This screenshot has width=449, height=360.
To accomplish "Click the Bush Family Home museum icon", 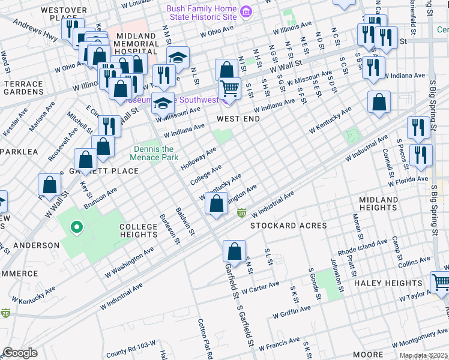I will click(245, 12).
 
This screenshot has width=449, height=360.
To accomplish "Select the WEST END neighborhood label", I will click(238, 119).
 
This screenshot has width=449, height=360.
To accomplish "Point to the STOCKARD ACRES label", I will click(280, 226).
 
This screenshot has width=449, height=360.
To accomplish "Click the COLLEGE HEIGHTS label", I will click(138, 230).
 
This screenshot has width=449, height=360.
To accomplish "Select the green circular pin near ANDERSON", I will click(76, 227).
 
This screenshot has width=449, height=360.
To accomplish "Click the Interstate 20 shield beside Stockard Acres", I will click(242, 213).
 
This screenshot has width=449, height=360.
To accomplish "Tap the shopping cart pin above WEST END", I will click(229, 89).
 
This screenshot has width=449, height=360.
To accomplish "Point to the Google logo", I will click(20, 352).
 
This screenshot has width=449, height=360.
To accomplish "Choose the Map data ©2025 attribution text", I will click(423, 355).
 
